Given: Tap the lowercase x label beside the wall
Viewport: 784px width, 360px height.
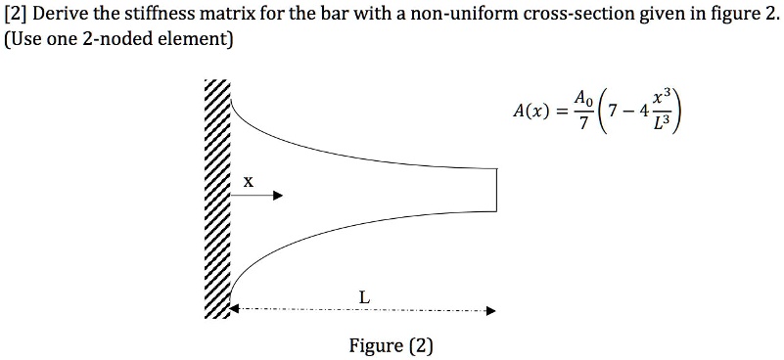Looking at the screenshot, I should [248, 181].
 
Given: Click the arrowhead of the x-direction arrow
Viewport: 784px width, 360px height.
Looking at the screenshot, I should [278, 196].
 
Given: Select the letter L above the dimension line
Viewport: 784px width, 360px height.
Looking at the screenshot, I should [364, 294].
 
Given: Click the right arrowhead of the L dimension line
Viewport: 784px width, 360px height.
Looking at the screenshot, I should [490, 312].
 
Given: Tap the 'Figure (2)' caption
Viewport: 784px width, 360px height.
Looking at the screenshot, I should [391, 345].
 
